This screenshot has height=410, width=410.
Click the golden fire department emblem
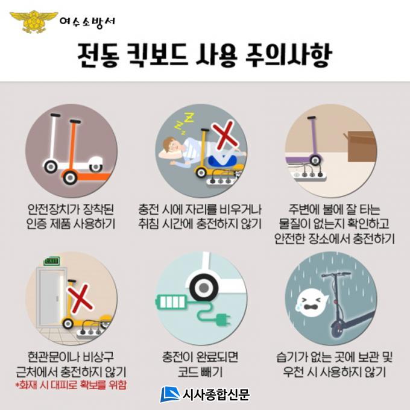(34, 22)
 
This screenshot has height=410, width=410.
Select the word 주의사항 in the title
(288, 55)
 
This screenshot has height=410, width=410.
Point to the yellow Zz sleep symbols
(183, 122)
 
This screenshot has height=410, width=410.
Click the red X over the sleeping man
(224, 135)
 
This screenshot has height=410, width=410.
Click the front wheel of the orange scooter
(70, 177)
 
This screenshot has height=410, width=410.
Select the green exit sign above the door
(52, 261)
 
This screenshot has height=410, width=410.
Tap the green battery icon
(171, 302)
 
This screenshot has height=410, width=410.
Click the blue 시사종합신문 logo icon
(169, 394)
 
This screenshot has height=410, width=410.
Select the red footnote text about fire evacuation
(71, 385)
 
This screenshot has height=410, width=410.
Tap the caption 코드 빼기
(200, 372)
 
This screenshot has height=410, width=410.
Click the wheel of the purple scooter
(315, 160)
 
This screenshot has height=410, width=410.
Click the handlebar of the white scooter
(55, 115)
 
